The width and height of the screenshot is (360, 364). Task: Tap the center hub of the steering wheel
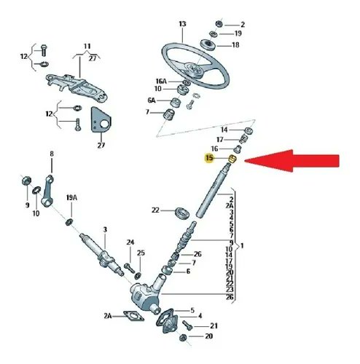click(195, 71)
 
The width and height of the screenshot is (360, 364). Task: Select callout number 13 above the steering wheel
click(182, 24)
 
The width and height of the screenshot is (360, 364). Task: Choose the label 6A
click(152, 100)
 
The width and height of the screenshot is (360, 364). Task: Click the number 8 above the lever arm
click(52, 154)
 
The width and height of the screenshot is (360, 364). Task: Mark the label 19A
click(71, 197)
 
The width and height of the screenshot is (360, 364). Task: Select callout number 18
click(235, 45)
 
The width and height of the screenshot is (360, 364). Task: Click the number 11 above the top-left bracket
click(88, 46)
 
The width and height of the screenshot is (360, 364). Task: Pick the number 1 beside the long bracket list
click(243, 245)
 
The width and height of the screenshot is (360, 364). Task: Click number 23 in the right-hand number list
click(231, 290)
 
